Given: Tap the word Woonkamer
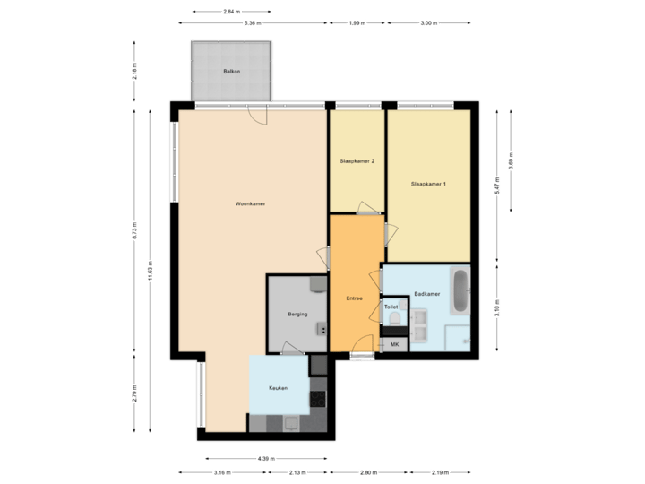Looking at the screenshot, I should [x=250, y=204].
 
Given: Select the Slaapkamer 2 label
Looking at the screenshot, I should [x=357, y=161].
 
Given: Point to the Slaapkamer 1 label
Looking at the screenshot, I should [x=428, y=184].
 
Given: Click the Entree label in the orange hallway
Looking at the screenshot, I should [x=355, y=298].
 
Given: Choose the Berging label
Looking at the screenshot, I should [x=298, y=315].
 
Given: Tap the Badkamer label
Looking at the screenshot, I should [x=427, y=294].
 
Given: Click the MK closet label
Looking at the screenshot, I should [x=394, y=344].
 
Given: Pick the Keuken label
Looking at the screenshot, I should [x=278, y=388].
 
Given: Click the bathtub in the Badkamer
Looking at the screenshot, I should [x=460, y=291].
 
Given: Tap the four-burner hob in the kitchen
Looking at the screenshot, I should [x=318, y=398].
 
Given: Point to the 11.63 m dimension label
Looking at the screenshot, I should [x=150, y=271].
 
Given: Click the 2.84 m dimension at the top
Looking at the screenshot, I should [x=231, y=11].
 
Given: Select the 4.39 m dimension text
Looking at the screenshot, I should [x=265, y=458].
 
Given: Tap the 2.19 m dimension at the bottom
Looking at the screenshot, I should [x=439, y=472].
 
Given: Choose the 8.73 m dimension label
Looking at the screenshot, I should [x=134, y=229].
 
